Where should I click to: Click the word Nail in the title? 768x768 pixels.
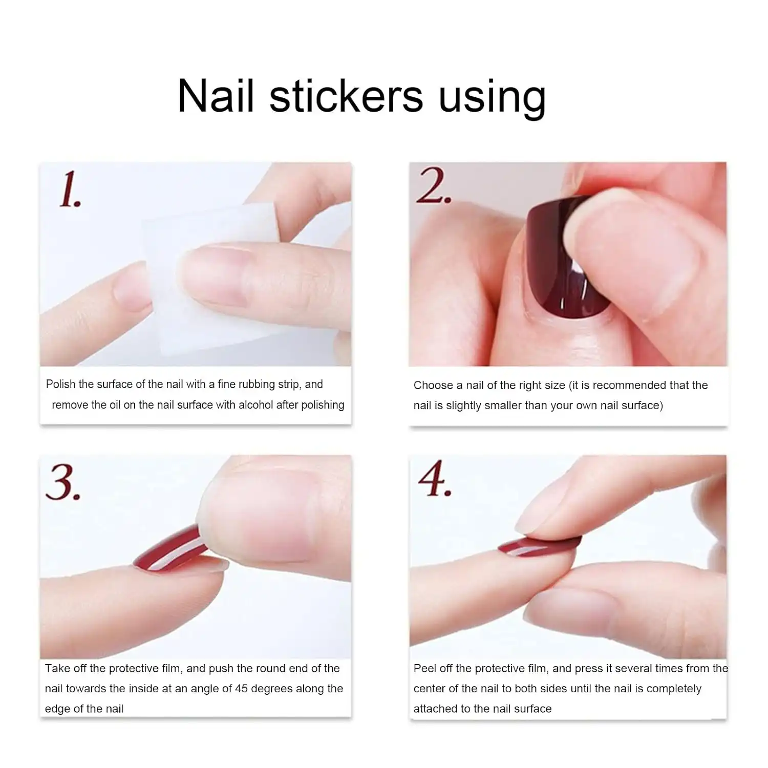[216, 96]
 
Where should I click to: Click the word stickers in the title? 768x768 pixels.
[346, 96]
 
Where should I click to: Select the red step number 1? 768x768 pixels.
[70, 190]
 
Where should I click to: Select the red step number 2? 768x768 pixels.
[433, 186]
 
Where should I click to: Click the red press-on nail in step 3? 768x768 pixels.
[169, 550]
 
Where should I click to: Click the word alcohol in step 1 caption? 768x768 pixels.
[255, 405]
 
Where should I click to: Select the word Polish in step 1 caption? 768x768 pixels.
[60, 385]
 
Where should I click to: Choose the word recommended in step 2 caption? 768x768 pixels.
[632, 385]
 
